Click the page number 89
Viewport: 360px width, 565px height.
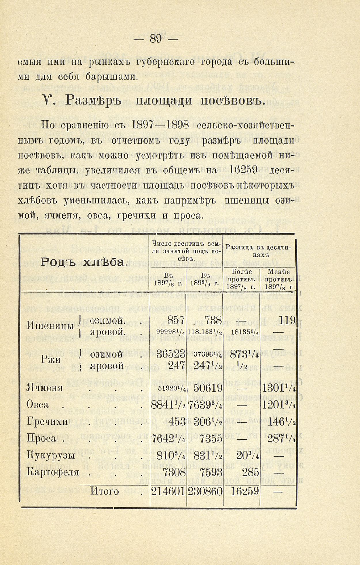(x=156, y=38)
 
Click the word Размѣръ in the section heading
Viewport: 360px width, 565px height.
(x=93, y=100)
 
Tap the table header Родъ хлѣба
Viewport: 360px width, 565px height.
(x=83, y=262)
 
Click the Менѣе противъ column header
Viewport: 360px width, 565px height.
(x=278, y=279)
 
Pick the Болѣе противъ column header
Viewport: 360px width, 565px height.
(x=241, y=279)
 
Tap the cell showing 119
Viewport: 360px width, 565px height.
(x=287, y=320)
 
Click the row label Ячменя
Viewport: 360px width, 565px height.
(x=45, y=388)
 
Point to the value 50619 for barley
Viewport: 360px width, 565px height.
(x=208, y=388)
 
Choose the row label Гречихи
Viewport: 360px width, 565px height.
(x=47, y=422)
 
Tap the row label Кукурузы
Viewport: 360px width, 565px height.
(x=51, y=455)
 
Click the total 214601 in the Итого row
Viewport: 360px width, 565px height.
(x=168, y=491)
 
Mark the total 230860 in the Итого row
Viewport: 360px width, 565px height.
(x=205, y=491)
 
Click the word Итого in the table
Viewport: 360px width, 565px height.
(x=105, y=491)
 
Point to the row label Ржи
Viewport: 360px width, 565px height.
(x=50, y=359)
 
